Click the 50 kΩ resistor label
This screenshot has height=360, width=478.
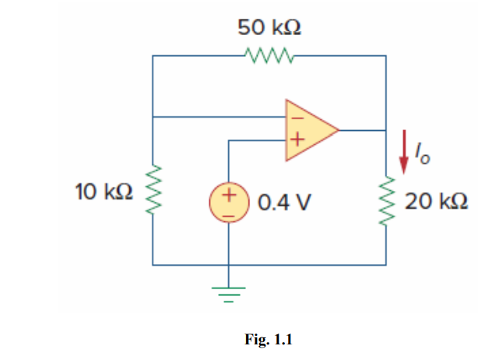pos(269,30)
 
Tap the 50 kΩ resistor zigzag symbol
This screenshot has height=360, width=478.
pos(269,55)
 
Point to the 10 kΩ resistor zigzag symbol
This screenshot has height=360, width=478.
pos(153,192)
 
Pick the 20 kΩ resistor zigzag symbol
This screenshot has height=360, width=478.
pos(387,202)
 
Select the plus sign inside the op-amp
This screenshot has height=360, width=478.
pos(296,142)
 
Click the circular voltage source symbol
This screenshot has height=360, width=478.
pos(228,203)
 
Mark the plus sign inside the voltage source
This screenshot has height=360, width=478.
pos(229,196)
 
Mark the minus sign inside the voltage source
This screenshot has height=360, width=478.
pos(229,213)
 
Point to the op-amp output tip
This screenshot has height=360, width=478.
pos(339,129)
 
